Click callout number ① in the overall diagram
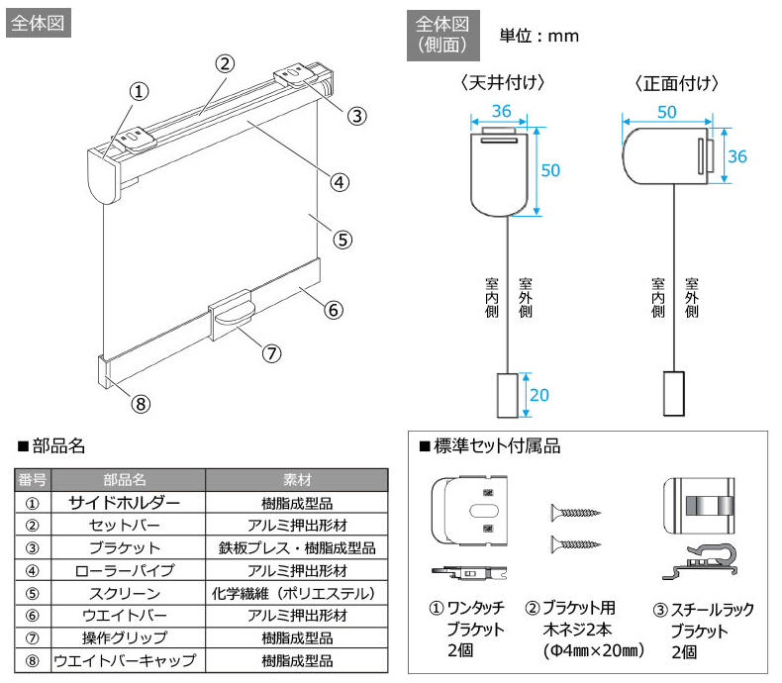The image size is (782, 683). point(139,91)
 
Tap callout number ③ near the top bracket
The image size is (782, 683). point(356,115)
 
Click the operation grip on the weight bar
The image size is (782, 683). point(235,313)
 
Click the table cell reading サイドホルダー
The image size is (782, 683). point(124,502)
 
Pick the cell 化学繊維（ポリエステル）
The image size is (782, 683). point(296,593)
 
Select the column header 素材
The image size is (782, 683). point(296,479)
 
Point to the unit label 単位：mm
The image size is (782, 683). point(538,36)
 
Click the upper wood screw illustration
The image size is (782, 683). point(576,513)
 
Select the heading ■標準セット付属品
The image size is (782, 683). point(490,447)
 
